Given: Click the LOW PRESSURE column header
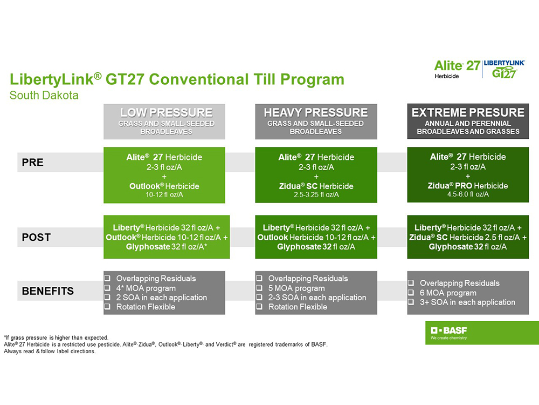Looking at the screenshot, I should (166, 113).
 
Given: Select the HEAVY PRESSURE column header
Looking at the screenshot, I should (316, 113).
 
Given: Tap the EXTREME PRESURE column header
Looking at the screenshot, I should (468, 113).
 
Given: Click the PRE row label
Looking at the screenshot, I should (33, 163).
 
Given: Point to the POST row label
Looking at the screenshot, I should (36, 237).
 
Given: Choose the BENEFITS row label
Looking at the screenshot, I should (47, 291).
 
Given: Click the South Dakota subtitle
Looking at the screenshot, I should (44, 96).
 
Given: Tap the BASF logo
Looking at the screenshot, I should (448, 330).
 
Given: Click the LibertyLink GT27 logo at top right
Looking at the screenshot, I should (505, 69).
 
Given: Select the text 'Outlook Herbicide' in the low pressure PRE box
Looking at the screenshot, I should (164, 186).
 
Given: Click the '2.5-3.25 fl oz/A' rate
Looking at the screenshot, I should (316, 194).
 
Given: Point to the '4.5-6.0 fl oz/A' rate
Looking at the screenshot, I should (468, 194).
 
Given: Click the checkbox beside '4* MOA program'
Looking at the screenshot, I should (107, 288).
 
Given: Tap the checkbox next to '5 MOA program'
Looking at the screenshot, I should (259, 288).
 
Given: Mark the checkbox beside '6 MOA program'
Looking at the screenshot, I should (411, 293).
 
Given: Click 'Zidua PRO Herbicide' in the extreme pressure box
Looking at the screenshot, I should (468, 186).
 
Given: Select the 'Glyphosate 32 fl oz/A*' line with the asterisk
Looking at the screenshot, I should (167, 247).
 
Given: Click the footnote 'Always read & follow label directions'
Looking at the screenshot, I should (50, 352).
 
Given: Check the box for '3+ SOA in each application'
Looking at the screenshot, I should (411, 302).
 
